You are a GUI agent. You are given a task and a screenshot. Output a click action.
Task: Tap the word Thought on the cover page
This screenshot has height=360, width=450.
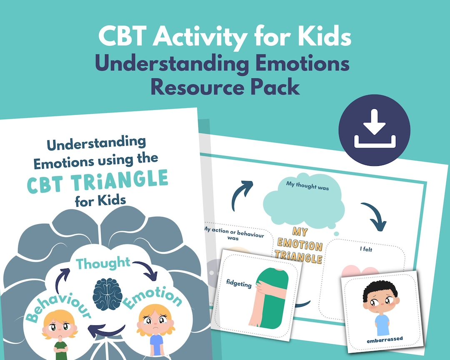[103, 263]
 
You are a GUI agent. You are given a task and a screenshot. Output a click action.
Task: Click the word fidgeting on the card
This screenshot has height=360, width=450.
[239, 285]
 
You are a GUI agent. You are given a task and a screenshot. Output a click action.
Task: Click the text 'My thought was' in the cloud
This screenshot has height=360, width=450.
[307, 187]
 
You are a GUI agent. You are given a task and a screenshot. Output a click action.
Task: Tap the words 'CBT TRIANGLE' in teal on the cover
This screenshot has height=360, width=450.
[97, 182]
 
